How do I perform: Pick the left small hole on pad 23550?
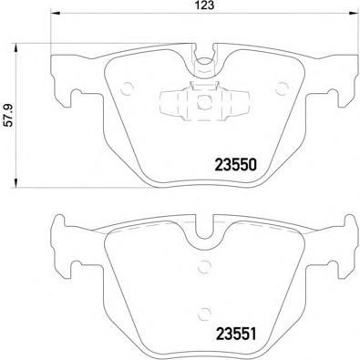coord(128,88)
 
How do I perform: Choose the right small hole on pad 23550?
coord(273,88)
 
